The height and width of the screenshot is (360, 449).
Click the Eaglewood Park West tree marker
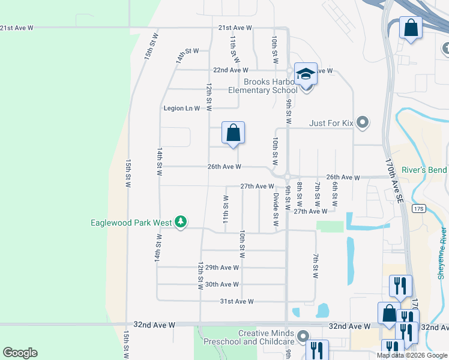[x=180, y=223]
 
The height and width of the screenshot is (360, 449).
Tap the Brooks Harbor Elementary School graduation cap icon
[x=306, y=74]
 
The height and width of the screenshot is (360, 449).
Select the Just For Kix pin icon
[x=362, y=123]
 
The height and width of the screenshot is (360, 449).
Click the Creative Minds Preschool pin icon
[x=303, y=337]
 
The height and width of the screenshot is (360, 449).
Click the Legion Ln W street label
[x=181, y=108]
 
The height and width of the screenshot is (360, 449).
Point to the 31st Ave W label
[x=237, y=301]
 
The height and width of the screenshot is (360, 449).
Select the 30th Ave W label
[x=221, y=284]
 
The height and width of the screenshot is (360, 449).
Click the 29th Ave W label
[x=221, y=268]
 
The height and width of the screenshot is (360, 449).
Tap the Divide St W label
[x=276, y=208]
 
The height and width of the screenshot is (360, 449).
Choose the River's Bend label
[x=424, y=170]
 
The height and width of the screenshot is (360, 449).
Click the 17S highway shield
[x=419, y=209]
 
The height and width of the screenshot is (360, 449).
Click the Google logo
[x=20, y=353]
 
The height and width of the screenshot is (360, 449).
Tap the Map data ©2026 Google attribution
[x=412, y=355]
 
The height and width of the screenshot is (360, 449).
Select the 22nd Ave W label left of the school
[x=214, y=70]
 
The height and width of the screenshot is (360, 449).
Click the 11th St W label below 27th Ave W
[x=226, y=209]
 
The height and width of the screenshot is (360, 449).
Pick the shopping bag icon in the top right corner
[x=411, y=28]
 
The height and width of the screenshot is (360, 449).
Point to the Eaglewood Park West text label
[x=131, y=223]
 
